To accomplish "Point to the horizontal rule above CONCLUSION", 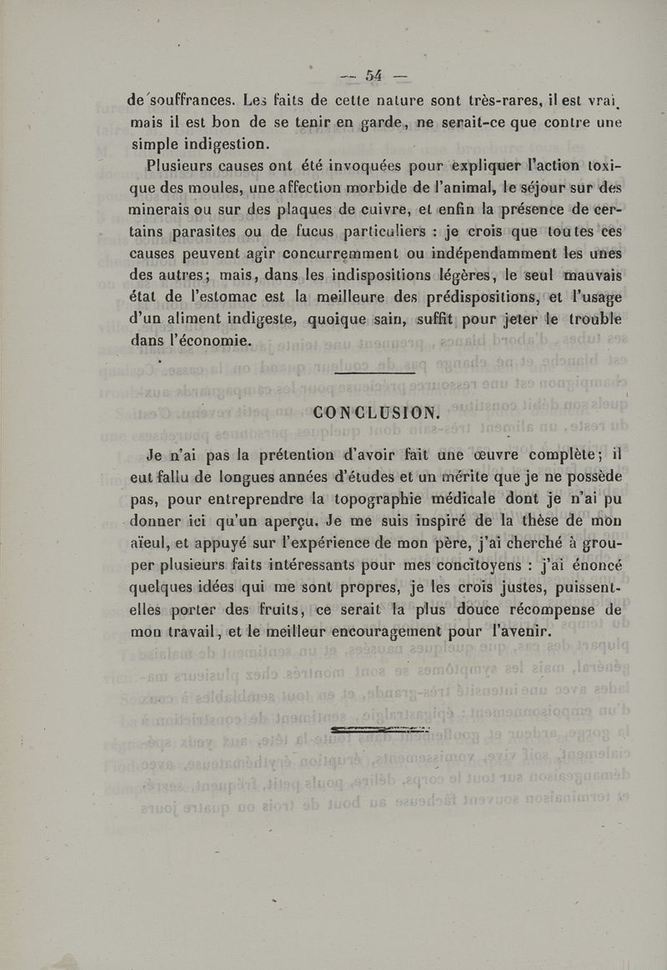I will coord(374,373).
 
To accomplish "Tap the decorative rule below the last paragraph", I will coord(379,731).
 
